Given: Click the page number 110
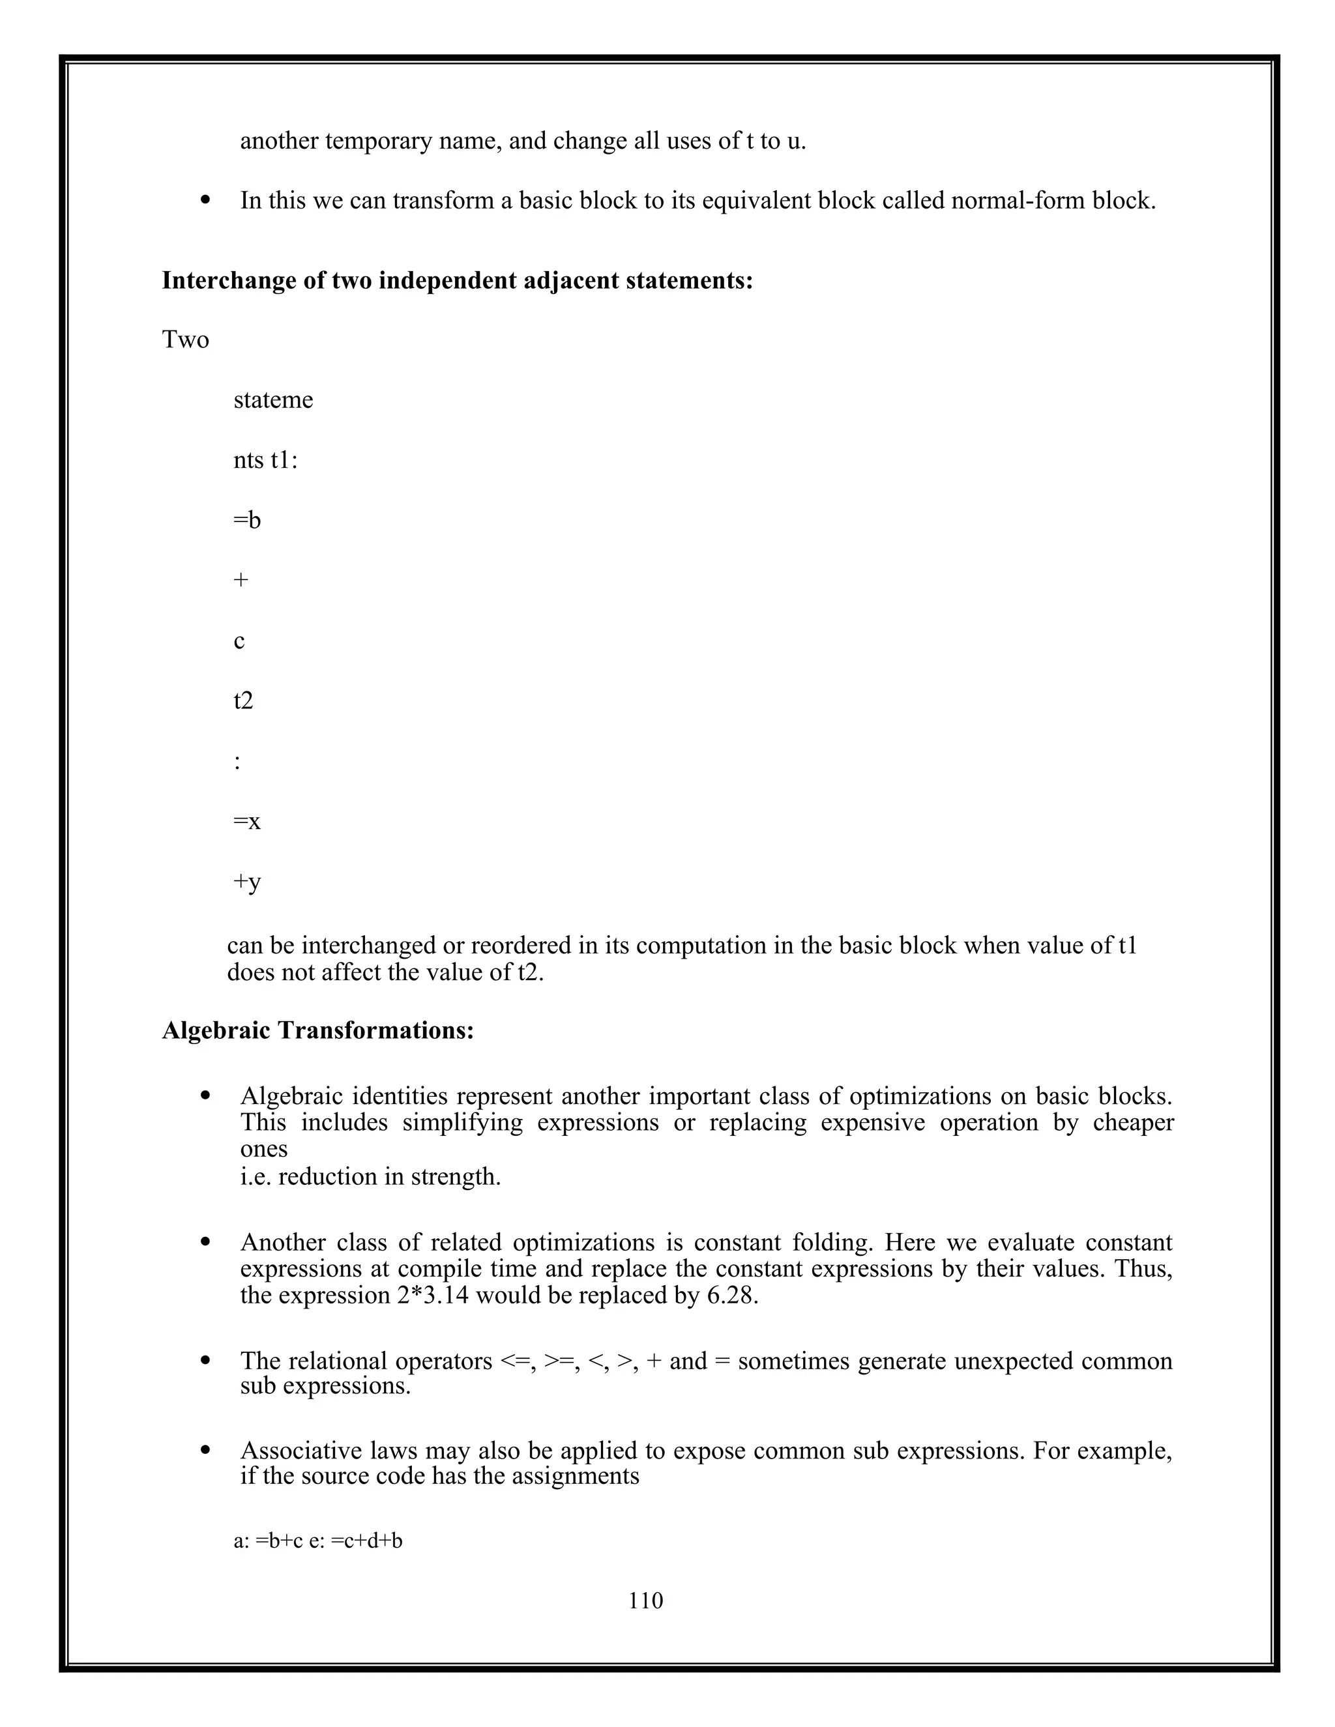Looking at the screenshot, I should click(645, 1601).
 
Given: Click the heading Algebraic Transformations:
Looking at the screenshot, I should click(318, 1030).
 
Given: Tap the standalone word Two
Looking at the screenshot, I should click(185, 340).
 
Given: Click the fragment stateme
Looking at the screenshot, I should click(273, 400).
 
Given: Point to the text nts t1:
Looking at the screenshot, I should click(265, 460).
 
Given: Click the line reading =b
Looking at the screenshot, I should click(247, 520).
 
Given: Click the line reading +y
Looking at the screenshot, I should click(247, 882).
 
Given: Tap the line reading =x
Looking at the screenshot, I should click(247, 822).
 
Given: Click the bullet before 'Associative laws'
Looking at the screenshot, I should click(207, 1450).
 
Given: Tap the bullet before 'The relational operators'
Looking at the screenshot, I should click(207, 1360).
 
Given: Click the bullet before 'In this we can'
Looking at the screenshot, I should click(207, 201).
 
